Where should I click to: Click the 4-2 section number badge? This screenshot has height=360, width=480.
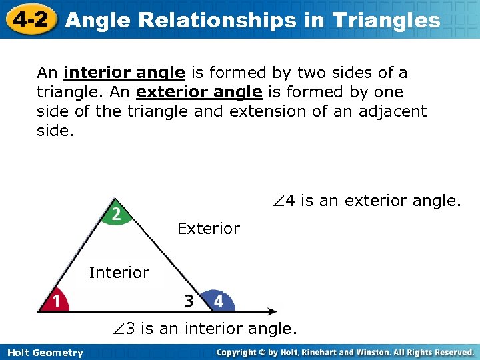(27, 19)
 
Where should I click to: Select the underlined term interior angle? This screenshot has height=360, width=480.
(124, 73)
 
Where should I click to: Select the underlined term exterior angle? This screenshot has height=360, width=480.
(199, 92)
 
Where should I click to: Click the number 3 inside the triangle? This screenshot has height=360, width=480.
(189, 301)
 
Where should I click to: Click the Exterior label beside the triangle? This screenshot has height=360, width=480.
(208, 229)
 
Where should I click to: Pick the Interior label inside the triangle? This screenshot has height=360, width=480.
(119, 272)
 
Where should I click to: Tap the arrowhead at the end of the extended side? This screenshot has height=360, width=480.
(272, 311)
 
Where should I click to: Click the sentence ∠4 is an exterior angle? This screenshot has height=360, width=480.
(366, 201)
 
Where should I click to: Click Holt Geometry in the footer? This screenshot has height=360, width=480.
(45, 353)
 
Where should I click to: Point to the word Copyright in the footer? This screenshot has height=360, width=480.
(238, 352)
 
